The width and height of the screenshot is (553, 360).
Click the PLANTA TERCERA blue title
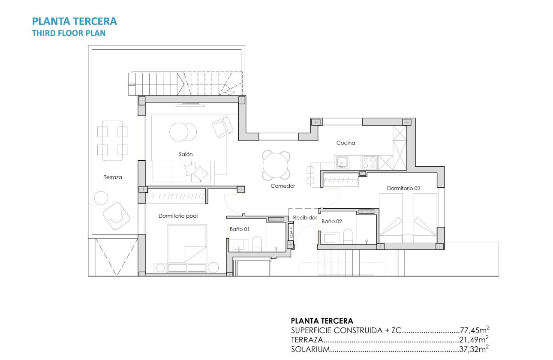pos(75,21)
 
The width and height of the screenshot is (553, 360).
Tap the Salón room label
pos(186,154)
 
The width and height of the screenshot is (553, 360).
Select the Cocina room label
pos(346,143)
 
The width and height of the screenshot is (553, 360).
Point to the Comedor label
pos(283,186)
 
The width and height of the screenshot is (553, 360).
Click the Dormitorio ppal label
pos(178,216)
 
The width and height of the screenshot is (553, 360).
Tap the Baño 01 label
pos(239,229)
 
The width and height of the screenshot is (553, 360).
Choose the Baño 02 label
pos(332,222)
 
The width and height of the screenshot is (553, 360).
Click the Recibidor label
pos(305,218)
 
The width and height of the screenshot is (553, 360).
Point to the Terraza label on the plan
pos(113,177)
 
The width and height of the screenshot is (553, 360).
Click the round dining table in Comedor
pos(276,165)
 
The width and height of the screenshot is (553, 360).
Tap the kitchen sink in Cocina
pos(342,162)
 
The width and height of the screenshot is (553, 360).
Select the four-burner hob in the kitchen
pos(370,162)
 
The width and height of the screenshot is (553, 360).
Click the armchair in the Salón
pos(222,127)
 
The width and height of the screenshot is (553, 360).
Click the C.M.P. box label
pos(291,232)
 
